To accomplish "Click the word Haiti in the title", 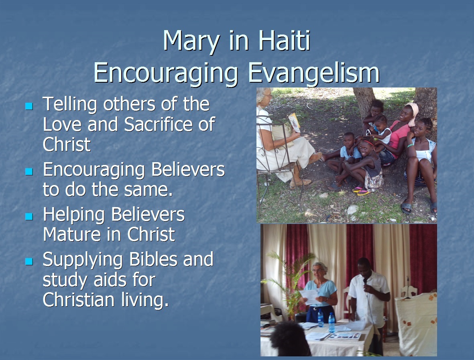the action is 285,40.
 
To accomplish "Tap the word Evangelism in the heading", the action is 314,73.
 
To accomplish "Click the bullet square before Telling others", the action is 29,106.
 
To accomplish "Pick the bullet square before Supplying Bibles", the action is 29,261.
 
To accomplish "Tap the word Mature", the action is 83,234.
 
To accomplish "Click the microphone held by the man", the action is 365,281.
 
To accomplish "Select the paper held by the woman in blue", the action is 308,296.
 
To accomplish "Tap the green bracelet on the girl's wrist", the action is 410,145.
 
